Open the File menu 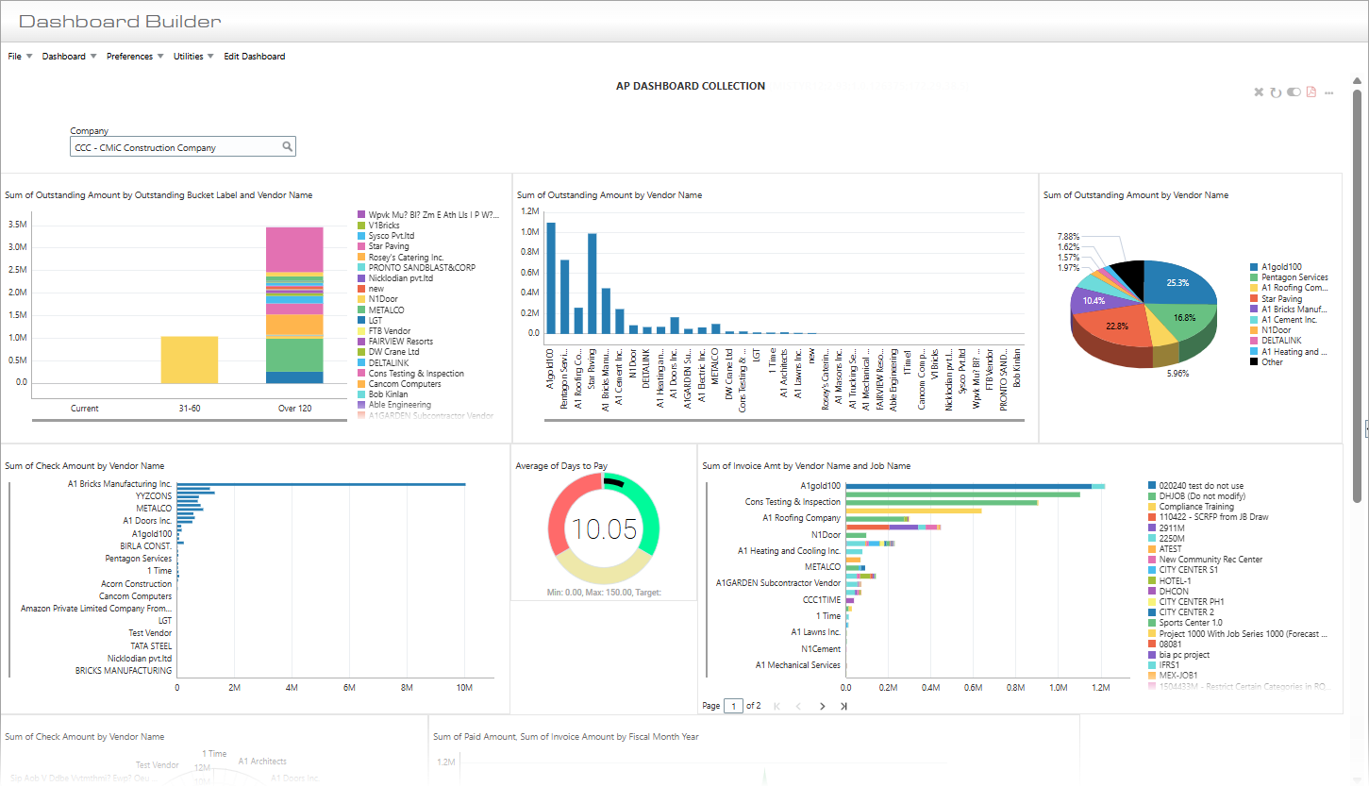coord(15,57)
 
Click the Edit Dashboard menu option coord(254,57)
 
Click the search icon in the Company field coord(288,146)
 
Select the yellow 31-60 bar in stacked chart coord(190,360)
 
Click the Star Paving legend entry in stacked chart coord(389,246)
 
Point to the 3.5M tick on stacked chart coord(17,226)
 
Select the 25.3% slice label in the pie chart coord(1177,282)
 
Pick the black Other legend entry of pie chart coord(1272,362)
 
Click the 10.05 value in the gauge coord(604,529)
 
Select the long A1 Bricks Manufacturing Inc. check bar coord(321,484)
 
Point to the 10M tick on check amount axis coord(463,688)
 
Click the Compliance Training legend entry coord(1196,507)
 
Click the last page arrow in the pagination coord(843,706)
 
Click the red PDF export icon coord(1311,92)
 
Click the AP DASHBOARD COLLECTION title coord(691,86)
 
